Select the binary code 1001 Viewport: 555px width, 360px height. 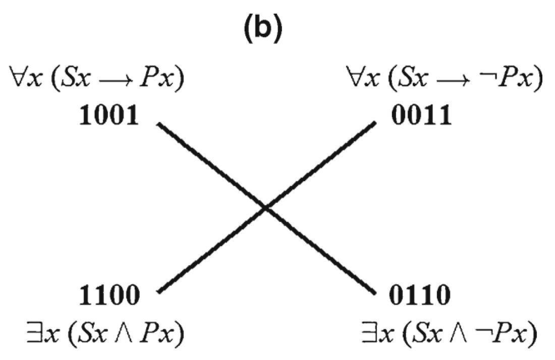point(108,117)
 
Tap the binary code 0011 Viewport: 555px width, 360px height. point(420,117)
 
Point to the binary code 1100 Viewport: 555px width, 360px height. point(108,297)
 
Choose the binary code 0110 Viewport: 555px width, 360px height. point(420,297)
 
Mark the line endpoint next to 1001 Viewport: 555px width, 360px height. point(158,124)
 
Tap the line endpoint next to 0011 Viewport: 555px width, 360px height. point(375,123)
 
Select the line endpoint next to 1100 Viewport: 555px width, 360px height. point(158,291)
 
